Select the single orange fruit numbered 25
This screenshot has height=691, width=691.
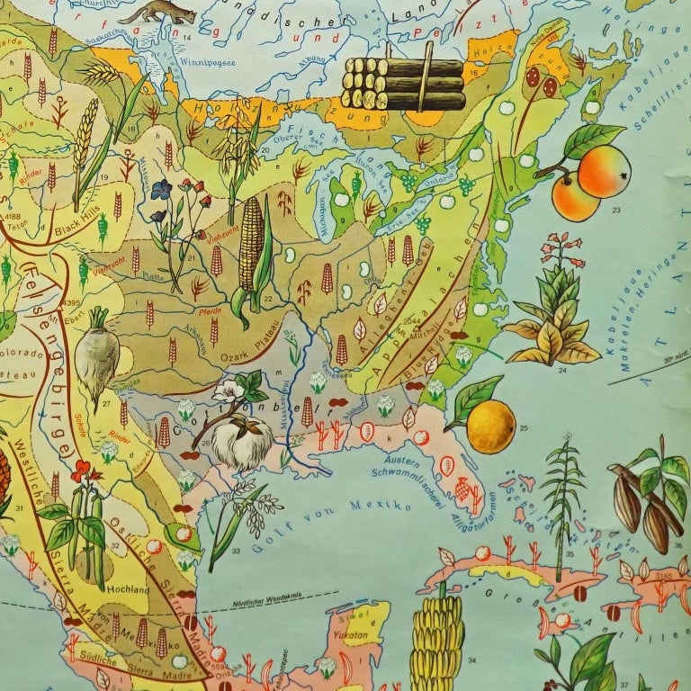click(490, 426)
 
